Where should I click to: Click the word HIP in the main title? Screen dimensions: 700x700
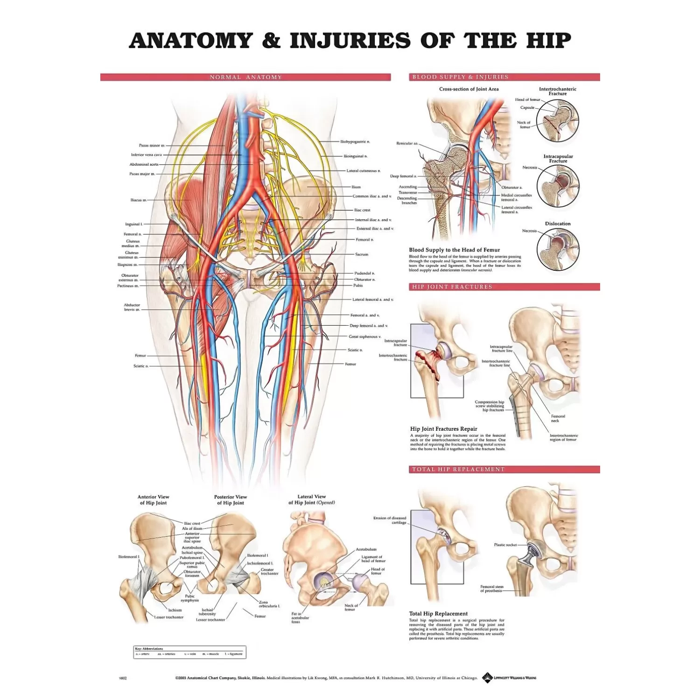tap(549, 41)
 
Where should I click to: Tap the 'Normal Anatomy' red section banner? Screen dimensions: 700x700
tap(245, 77)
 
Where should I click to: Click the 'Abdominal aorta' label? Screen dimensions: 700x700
tap(144, 164)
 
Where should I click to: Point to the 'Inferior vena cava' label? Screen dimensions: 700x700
tap(146, 155)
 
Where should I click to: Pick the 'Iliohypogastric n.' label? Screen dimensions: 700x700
tap(355, 141)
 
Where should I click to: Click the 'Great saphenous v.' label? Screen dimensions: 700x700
tap(364, 336)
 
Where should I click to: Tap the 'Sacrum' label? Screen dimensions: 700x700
tap(362, 254)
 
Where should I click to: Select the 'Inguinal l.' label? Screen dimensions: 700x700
tap(133, 224)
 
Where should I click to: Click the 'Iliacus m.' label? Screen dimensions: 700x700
tap(139, 200)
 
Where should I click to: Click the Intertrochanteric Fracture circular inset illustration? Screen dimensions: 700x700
tap(558, 120)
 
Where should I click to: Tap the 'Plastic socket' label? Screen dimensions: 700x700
tap(505, 545)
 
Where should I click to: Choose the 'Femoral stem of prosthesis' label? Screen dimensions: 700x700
tap(492, 588)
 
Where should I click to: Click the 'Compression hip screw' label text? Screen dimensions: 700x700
tap(490, 406)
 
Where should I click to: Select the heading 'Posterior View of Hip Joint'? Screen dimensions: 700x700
tap(231, 500)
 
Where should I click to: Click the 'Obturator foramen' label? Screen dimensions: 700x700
tap(192, 574)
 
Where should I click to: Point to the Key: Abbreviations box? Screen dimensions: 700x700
tap(189, 652)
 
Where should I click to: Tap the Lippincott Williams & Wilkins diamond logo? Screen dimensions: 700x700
tap(487, 677)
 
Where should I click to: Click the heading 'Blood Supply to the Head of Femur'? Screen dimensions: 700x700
tap(454, 250)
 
